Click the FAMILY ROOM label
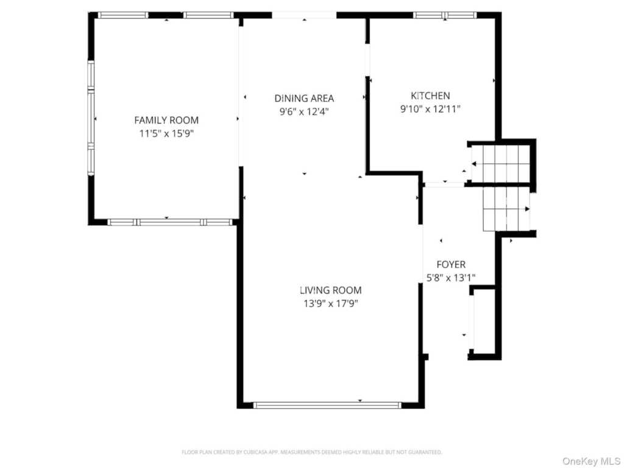[166, 120]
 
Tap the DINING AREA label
[304, 98]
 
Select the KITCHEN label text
[430, 96]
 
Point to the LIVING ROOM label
[331, 290]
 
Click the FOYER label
[451, 264]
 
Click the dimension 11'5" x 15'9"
[166, 133]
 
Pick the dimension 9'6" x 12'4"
[304, 112]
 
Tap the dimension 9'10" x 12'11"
[430, 108]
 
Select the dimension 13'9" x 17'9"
[331, 303]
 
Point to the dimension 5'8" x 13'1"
[451, 278]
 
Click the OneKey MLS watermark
[591, 461]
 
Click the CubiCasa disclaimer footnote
[311, 452]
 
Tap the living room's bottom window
[327, 405]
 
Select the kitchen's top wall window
[445, 15]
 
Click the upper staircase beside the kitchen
[501, 163]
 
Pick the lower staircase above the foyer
[506, 210]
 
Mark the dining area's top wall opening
[305, 15]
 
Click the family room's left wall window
[91, 118]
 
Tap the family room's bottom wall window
[170, 222]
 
